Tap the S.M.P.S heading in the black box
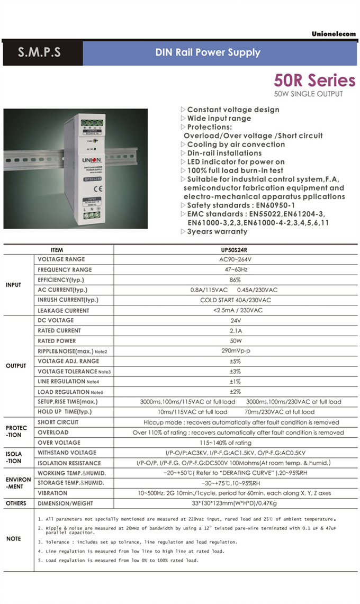(39, 53)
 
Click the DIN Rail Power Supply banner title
(208, 52)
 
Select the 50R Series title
(314, 80)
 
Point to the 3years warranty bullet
(217, 231)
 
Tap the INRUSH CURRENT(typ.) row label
(68, 300)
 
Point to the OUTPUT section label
(16, 366)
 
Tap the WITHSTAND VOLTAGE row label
(67, 453)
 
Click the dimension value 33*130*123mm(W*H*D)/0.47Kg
(235, 503)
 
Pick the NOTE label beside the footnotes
(14, 538)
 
